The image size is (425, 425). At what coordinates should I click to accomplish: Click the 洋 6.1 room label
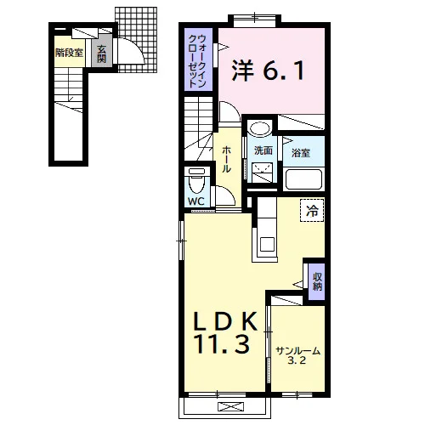(268, 70)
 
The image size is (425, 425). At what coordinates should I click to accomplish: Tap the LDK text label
(225, 321)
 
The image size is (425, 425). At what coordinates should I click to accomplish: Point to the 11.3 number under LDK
(222, 344)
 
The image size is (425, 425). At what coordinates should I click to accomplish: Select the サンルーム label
(298, 351)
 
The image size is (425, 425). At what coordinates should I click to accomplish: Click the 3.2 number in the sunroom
(297, 360)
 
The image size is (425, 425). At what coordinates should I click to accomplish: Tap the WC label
(196, 201)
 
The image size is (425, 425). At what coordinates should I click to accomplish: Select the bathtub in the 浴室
(303, 179)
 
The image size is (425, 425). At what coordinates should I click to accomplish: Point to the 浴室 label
(301, 153)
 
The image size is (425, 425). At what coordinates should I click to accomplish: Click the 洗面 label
(263, 150)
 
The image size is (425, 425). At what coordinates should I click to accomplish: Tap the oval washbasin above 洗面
(261, 128)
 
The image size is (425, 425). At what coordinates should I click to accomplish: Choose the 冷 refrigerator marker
(312, 211)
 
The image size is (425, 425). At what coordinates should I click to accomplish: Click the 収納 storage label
(317, 281)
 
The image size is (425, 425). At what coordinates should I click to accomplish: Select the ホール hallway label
(226, 159)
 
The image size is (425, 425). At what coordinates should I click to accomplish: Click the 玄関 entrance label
(101, 54)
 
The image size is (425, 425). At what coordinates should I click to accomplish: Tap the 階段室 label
(69, 53)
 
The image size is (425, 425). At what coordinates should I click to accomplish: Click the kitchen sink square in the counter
(267, 244)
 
